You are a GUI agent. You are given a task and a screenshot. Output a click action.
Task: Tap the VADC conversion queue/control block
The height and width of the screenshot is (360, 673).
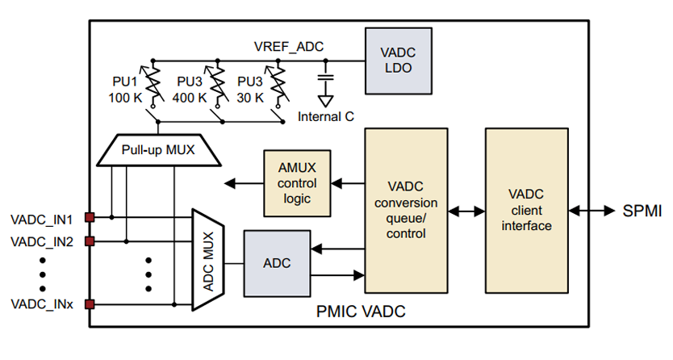point(405,209)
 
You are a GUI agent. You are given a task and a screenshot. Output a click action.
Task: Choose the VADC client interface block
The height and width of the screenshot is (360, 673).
point(525,209)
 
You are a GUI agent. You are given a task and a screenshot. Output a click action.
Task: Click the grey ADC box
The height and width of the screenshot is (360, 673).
point(277,264)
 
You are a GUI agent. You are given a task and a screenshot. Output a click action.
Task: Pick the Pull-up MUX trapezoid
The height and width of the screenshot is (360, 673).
point(157,149)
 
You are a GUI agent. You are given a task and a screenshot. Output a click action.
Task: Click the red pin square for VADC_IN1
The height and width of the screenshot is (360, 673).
point(90,216)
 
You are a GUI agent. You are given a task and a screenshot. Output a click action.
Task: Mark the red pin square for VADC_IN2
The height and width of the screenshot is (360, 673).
point(90,240)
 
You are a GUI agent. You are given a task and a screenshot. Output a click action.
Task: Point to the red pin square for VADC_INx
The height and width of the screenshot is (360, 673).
point(90,304)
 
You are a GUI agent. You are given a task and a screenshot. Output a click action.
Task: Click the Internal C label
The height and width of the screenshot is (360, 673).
point(325,116)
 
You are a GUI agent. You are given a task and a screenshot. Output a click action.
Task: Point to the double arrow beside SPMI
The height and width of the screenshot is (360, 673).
point(593,210)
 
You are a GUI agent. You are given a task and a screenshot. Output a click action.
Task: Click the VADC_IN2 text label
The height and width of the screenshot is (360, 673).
point(42,241)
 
